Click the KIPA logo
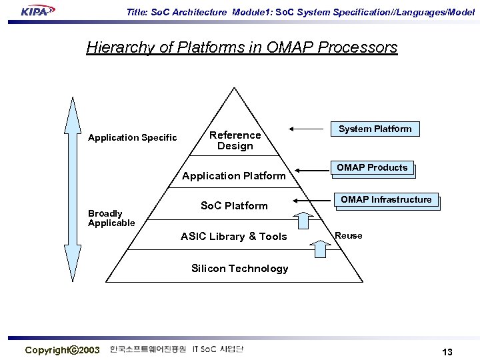tap(38, 11)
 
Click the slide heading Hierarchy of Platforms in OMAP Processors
tap(241, 48)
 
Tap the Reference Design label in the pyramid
tap(235, 141)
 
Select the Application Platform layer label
tap(233, 176)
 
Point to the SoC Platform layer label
tap(234, 206)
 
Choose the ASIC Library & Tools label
tap(233, 237)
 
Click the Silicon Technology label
tap(239, 269)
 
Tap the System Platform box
tap(375, 129)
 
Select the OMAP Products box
tap(372, 168)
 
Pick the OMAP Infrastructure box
tap(386, 199)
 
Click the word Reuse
tap(349, 236)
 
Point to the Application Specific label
tap(133, 138)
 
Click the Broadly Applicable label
tap(111, 218)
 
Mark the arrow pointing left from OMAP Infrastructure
tap(313, 200)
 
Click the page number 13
tap(447, 352)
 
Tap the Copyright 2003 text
tap(62, 350)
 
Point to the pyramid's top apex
tap(234, 88)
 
